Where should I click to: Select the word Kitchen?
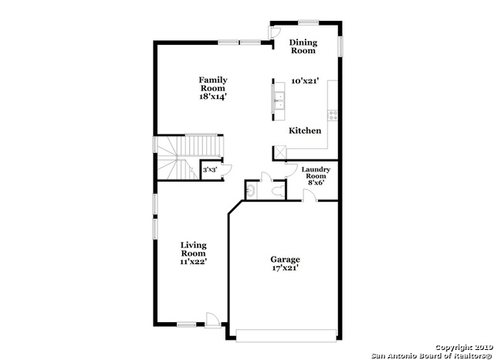[x=305, y=131]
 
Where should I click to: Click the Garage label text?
[x=285, y=260]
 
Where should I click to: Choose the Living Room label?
[x=193, y=250]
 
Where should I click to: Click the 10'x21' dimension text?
[x=305, y=80]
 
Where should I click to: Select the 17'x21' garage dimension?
[x=285, y=268]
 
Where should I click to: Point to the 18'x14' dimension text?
[x=212, y=97]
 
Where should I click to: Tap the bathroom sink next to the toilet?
[x=250, y=189]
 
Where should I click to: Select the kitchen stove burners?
[x=333, y=115]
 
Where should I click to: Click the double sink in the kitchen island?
[x=279, y=99]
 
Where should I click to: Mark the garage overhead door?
[x=286, y=335]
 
